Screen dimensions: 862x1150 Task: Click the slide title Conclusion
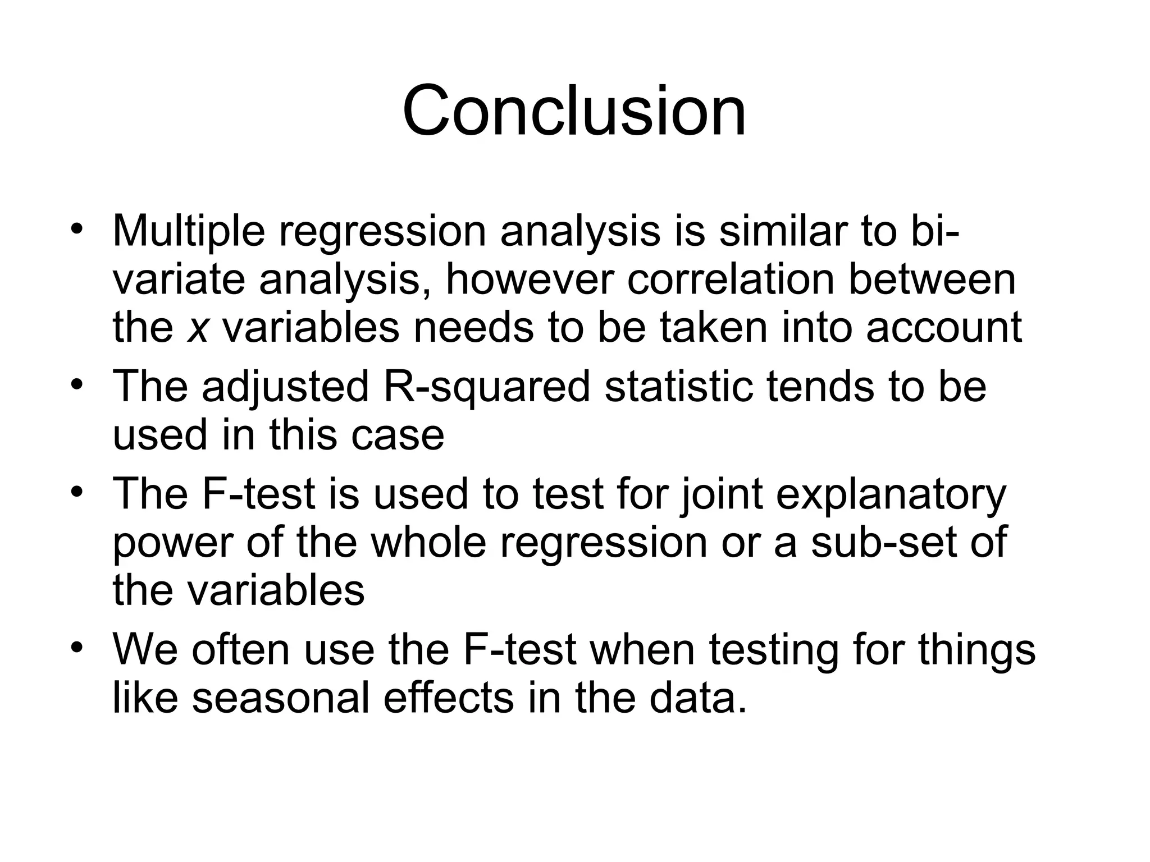tap(574, 111)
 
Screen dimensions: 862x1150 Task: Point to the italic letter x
tap(198, 328)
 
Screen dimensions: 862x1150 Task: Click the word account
tap(943, 328)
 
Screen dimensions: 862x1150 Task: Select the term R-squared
tap(486, 387)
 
